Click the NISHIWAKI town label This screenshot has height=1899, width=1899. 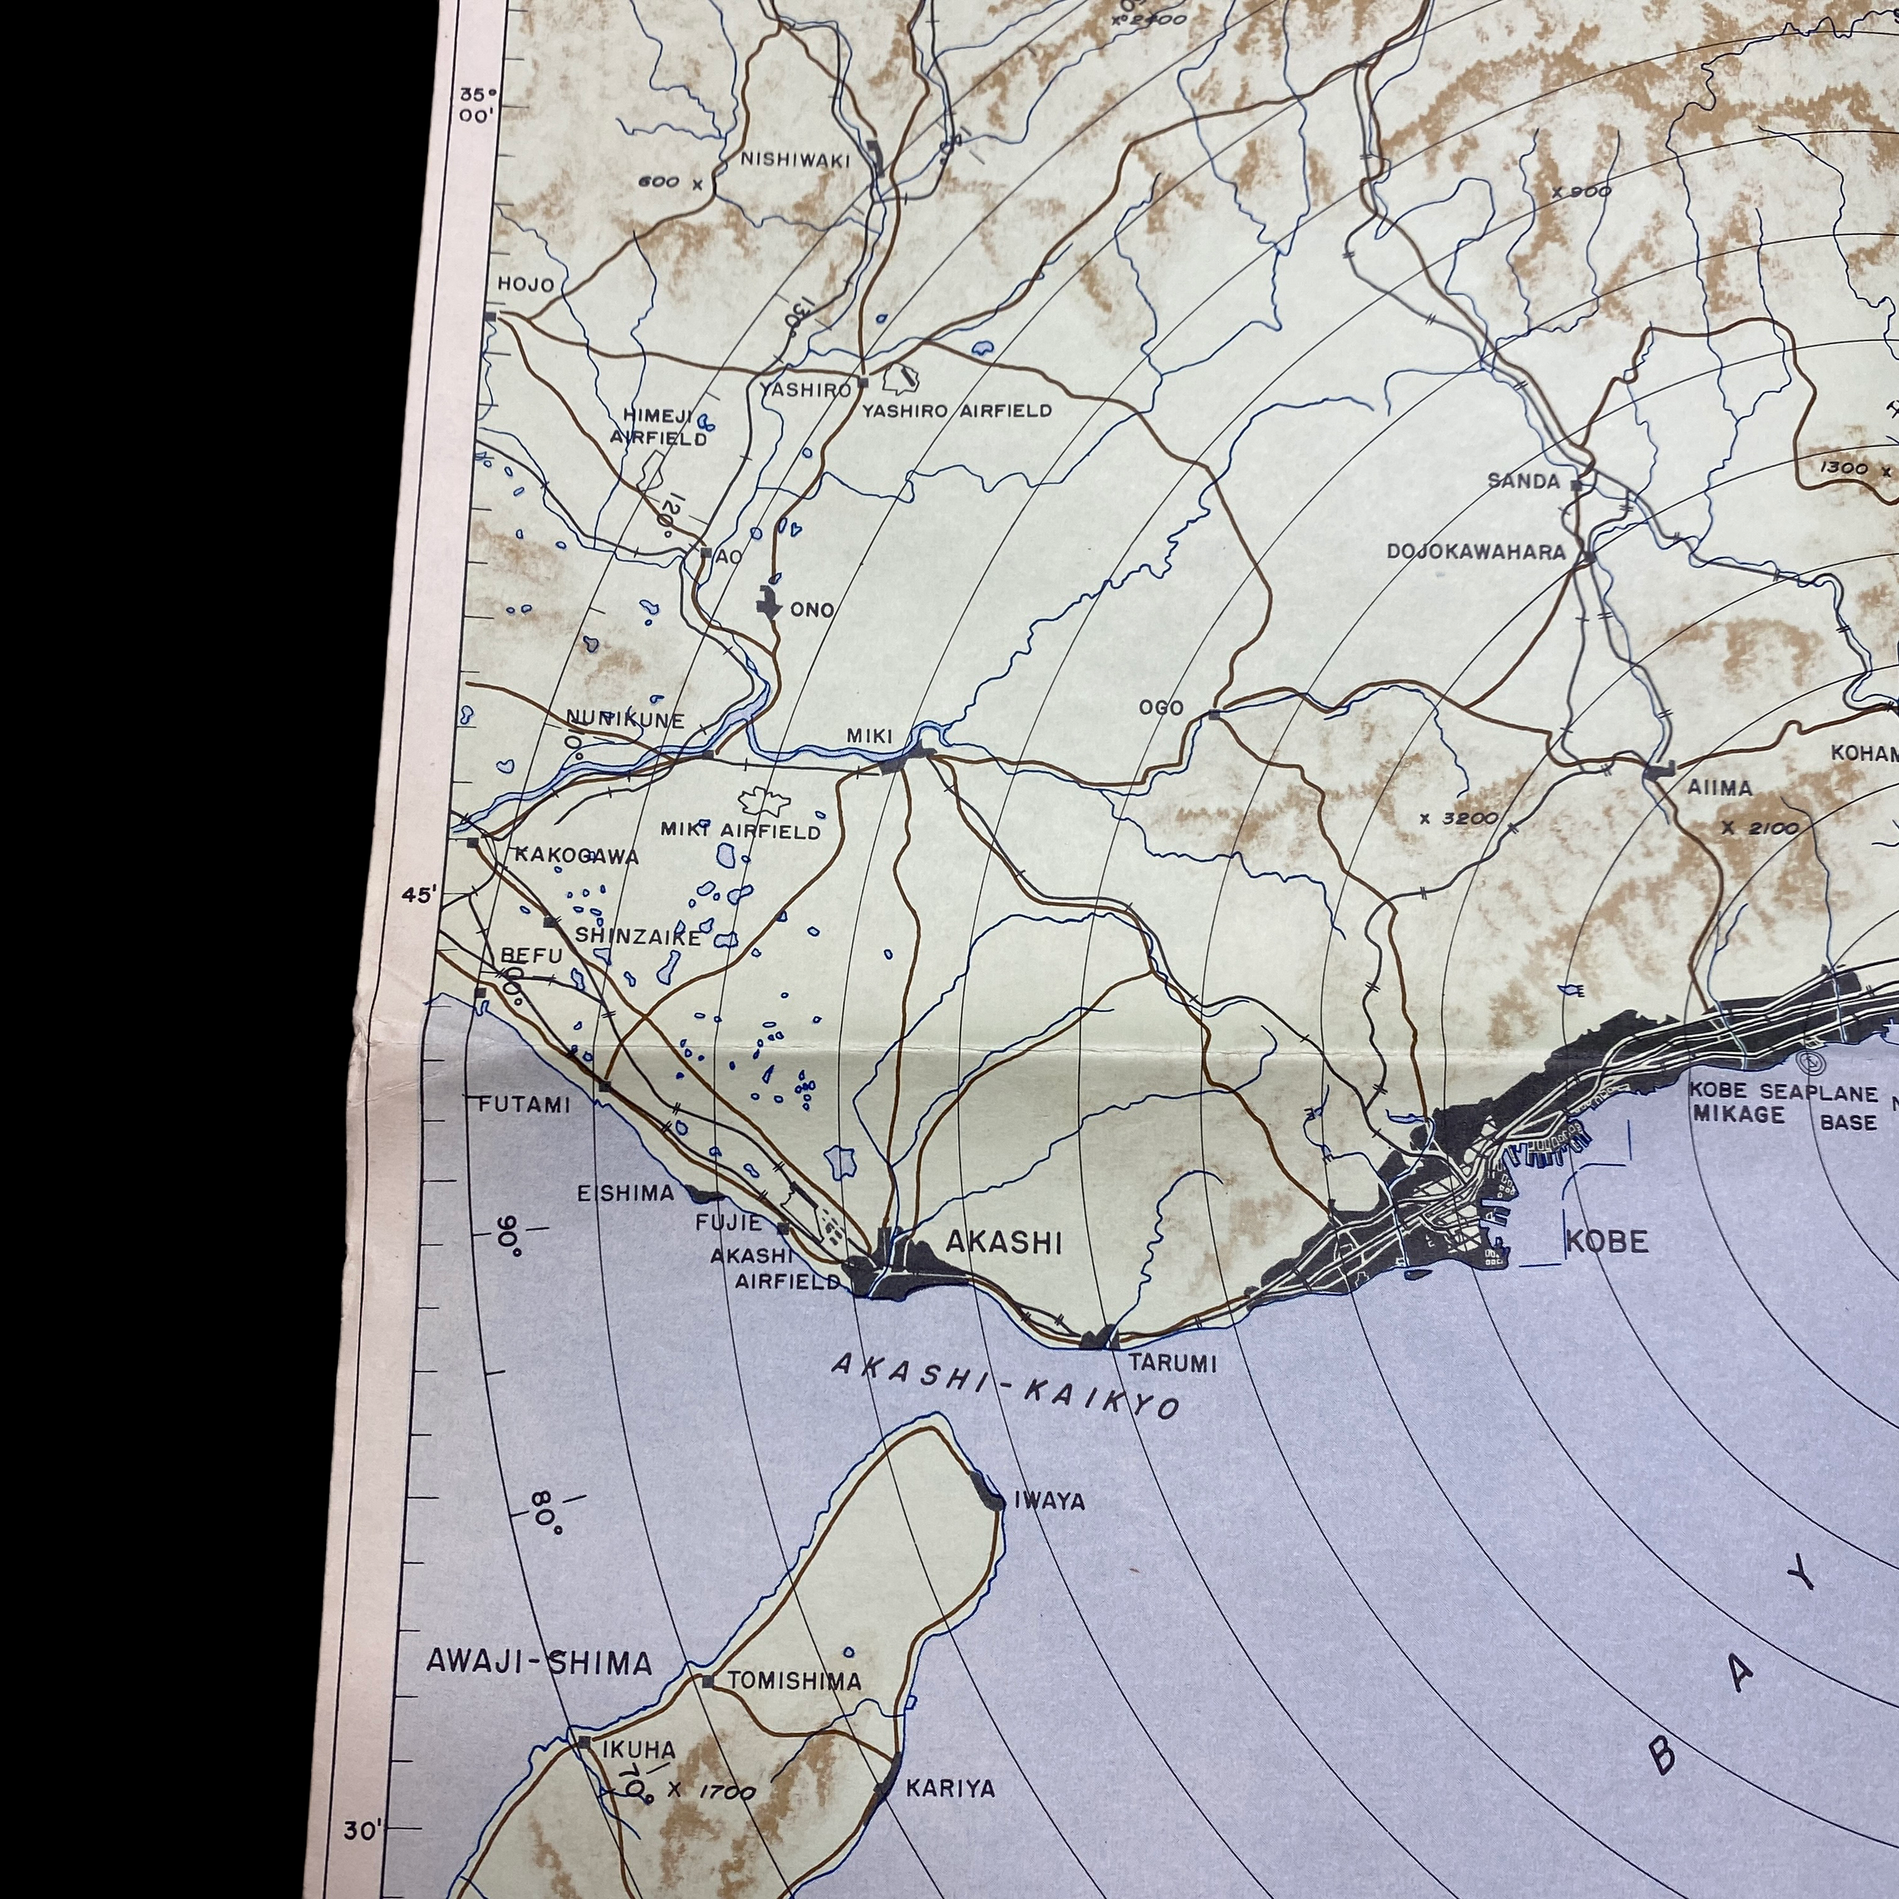(794, 159)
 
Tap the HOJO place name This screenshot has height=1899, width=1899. (526, 285)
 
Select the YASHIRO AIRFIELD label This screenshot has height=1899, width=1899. (957, 411)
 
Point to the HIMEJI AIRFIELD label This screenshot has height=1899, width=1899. (658, 427)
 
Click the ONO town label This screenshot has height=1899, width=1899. (812, 610)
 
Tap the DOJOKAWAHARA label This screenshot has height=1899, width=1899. (1476, 552)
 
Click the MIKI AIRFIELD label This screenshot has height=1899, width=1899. (740, 832)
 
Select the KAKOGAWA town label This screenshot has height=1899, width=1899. (577, 856)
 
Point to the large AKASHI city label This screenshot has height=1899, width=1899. (1003, 1243)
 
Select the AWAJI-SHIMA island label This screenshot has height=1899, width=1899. (539, 1662)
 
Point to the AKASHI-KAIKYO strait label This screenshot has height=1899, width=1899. (1005, 1385)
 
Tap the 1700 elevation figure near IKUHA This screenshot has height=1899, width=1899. (726, 1793)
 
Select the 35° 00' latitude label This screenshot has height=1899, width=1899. (479, 105)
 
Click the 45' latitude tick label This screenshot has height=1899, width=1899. (418, 896)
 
